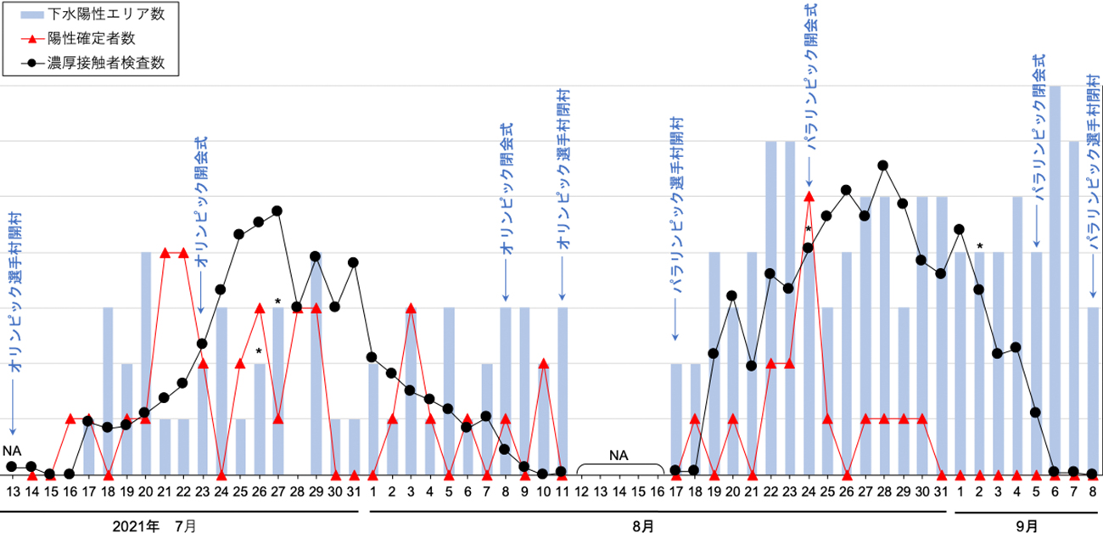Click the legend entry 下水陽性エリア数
coord(88,15)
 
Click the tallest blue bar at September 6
coord(1055,280)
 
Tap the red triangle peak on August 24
coord(809,196)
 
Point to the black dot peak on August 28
coord(883,166)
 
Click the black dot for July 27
coord(277,210)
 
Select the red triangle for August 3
coord(411,308)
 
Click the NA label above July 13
coord(11,451)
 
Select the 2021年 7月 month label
coord(155,527)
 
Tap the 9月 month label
coord(1026,527)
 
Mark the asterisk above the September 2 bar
coord(979,247)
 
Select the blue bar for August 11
coord(563,390)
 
